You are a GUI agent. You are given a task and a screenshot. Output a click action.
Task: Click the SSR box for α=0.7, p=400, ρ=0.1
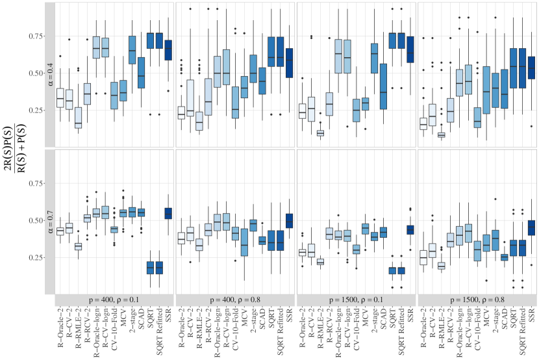[x=168, y=213]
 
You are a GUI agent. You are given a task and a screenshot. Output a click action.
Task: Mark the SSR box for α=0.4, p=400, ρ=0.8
[x=290, y=63]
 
